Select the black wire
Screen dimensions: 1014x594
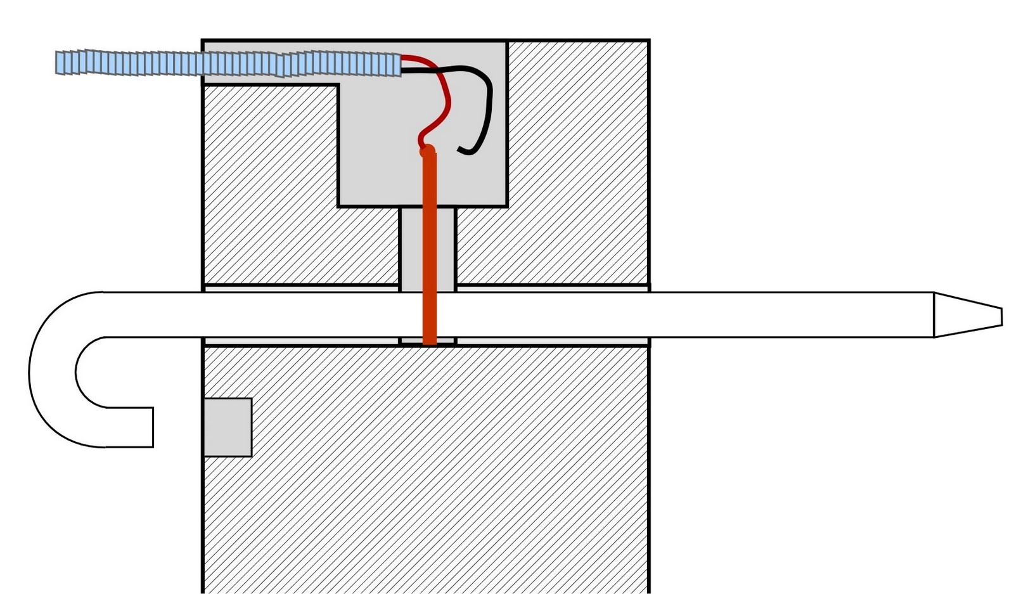[488, 101]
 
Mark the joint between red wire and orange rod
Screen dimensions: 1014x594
[426, 150]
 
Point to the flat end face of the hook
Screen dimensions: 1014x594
[153, 427]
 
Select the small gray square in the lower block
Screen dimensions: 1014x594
[228, 427]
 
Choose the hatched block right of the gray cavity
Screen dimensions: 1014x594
[577, 158]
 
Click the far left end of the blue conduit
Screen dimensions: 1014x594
[58, 62]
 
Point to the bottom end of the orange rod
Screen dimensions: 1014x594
[430, 342]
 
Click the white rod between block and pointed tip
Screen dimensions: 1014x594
[792, 315]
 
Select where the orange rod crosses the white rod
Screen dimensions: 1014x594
[430, 315]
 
